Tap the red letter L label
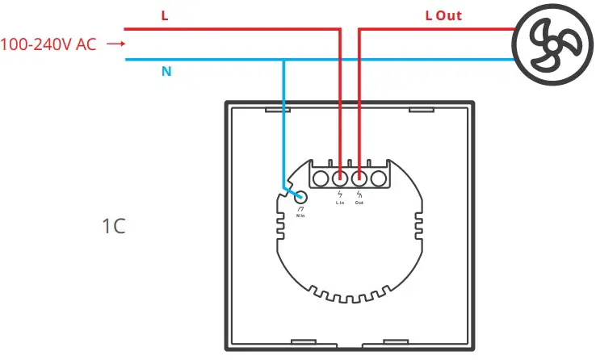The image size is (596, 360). [x=165, y=15]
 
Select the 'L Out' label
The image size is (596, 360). [x=443, y=15]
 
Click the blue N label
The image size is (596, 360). [x=166, y=72]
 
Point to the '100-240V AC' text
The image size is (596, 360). [x=48, y=44]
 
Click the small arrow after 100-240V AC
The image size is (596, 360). [x=116, y=44]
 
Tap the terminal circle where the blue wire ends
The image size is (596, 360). [x=302, y=197]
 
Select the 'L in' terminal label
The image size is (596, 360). [x=340, y=203]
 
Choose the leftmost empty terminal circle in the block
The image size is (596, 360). [x=321, y=178]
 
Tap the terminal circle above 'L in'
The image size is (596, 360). [x=340, y=178]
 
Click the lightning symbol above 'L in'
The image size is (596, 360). [x=340, y=195]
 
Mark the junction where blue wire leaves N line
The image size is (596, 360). [x=283, y=60]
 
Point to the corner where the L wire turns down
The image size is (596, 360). [x=340, y=28]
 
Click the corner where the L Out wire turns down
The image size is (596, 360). [x=359, y=28]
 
